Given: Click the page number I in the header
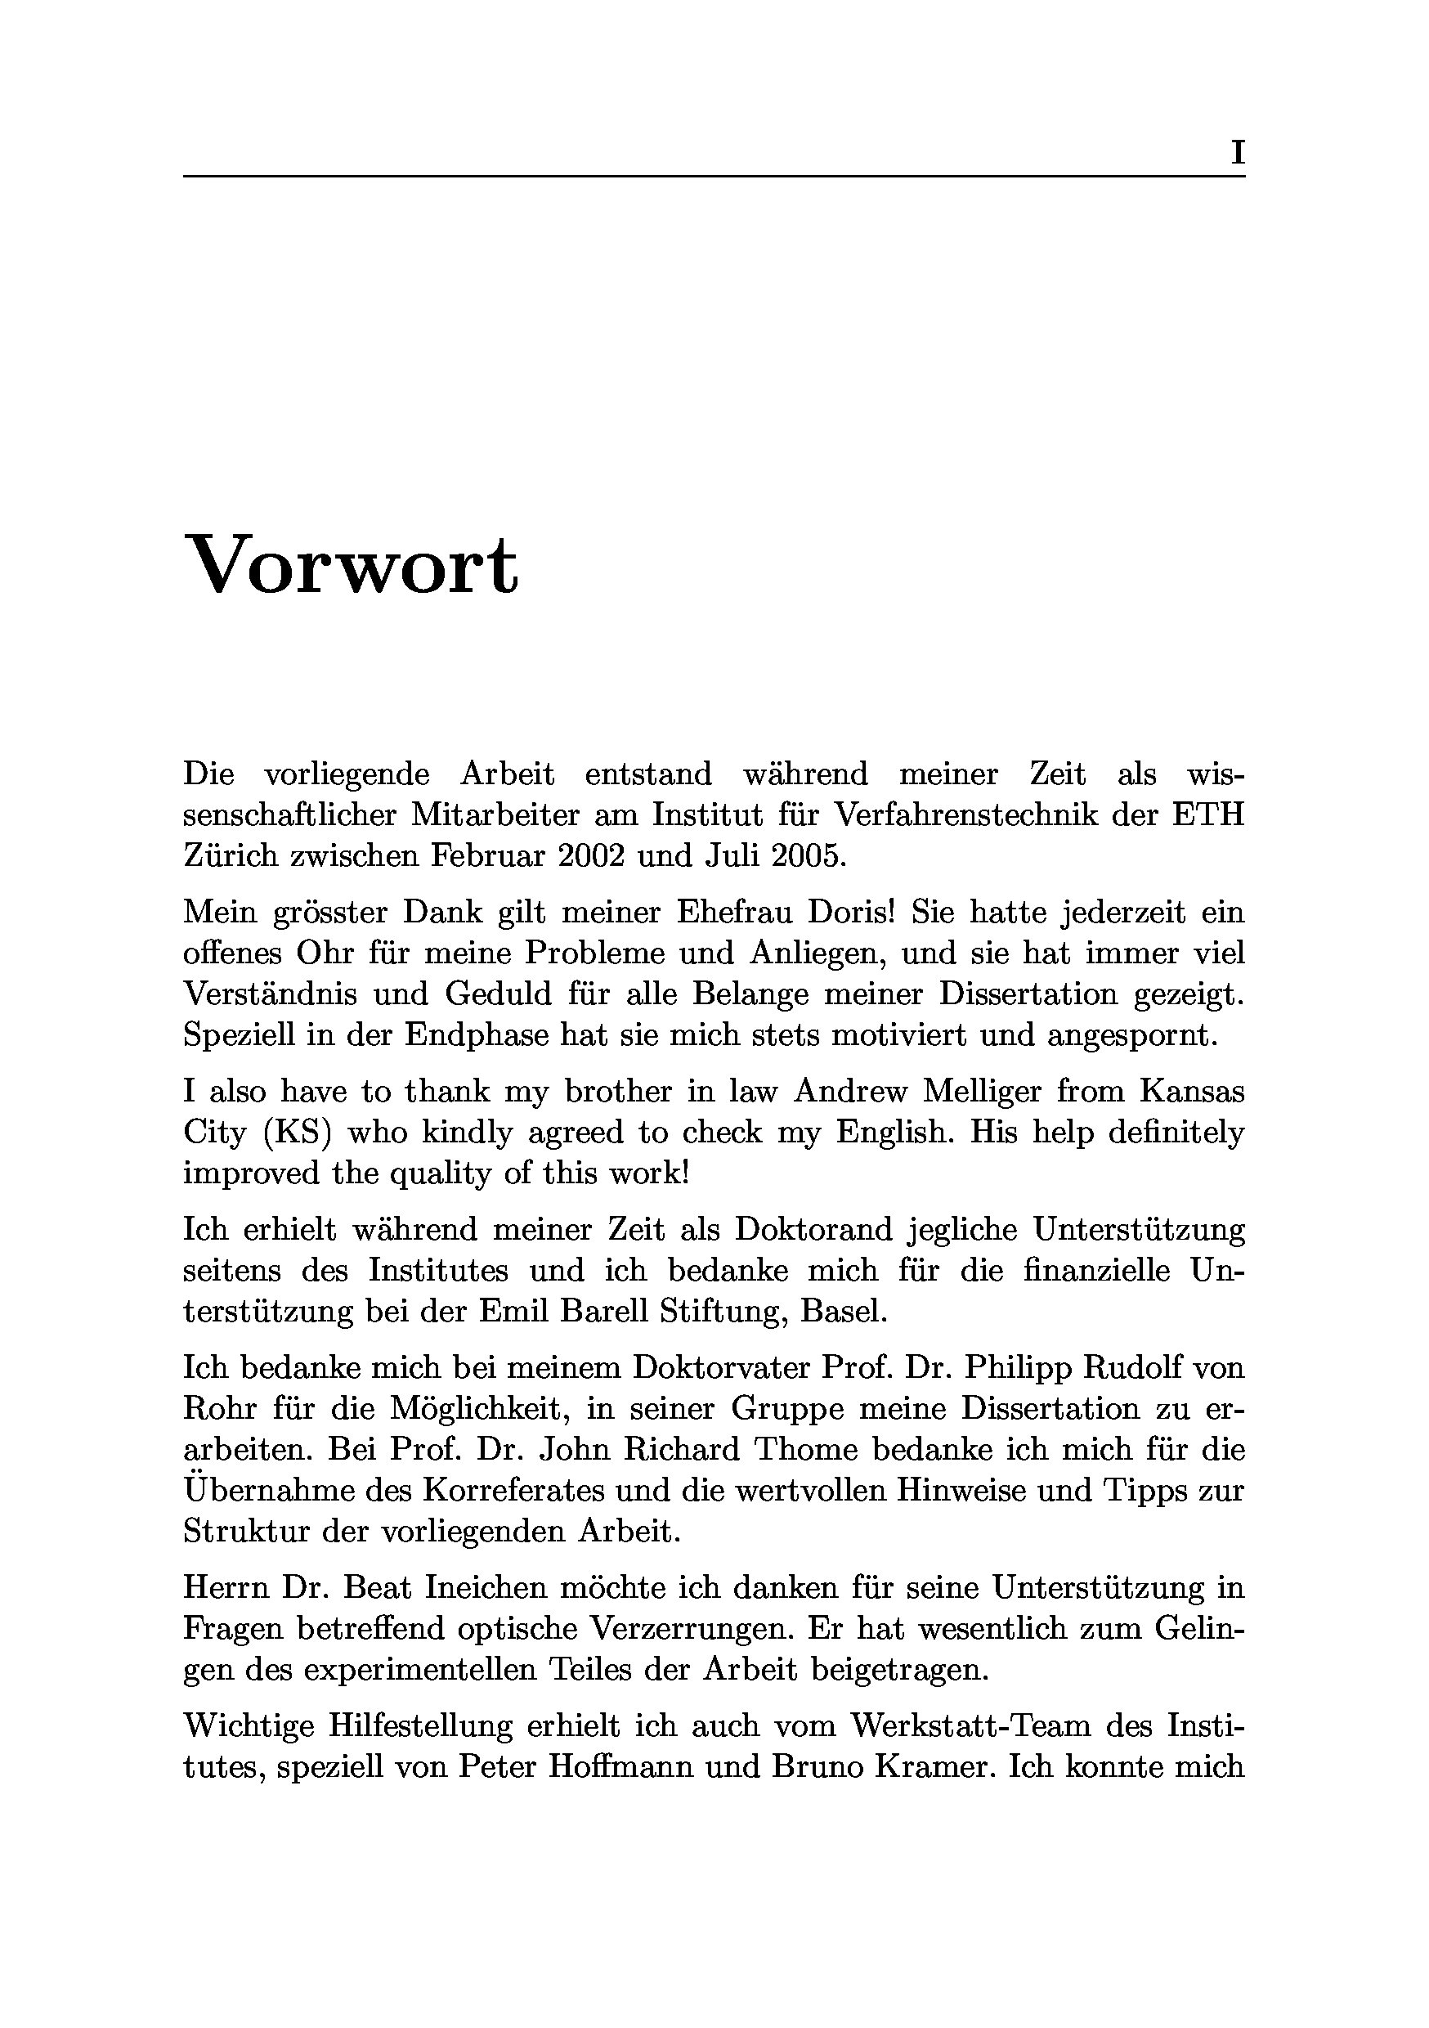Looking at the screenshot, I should pos(1238,154).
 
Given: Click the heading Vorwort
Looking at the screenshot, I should pos(351,565).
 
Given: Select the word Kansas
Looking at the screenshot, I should pos(1191,1092).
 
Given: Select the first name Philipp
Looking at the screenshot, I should pos(1015,1368).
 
